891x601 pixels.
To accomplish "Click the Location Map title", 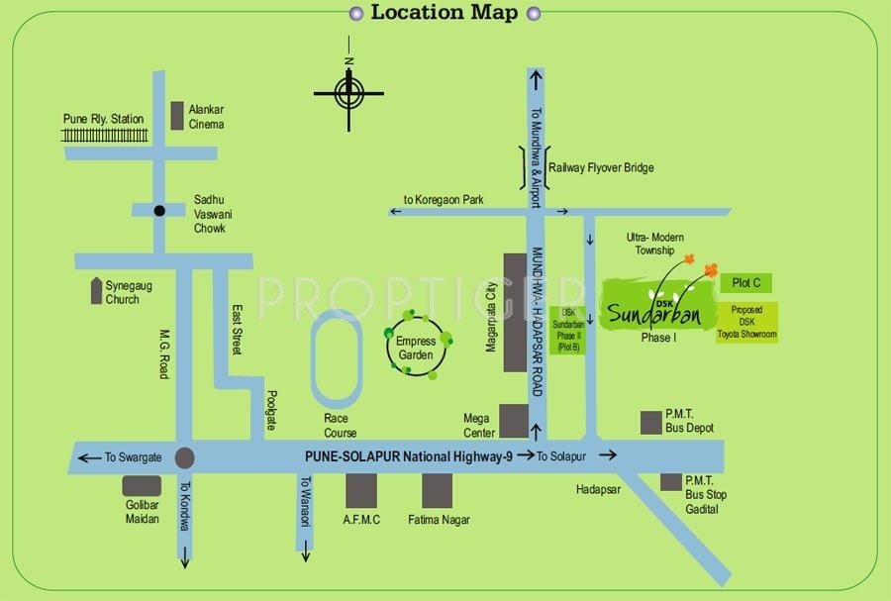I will [x=444, y=13].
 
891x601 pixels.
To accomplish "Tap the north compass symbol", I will [x=348, y=94].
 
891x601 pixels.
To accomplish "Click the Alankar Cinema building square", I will [x=177, y=116].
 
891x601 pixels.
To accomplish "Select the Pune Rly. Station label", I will [x=103, y=119].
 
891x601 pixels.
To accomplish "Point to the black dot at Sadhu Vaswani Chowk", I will [x=158, y=210].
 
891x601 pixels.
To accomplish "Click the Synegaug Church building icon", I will [x=96, y=291].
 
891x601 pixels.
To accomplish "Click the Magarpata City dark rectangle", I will [x=515, y=312].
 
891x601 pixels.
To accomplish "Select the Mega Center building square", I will [x=513, y=421].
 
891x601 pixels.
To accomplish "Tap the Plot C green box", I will [x=746, y=284].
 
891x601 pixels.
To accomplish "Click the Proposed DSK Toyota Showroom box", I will [x=746, y=323].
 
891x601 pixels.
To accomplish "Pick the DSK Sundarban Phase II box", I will [x=567, y=330].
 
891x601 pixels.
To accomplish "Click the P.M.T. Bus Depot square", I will [x=650, y=423].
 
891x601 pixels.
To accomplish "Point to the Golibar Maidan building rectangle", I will [x=142, y=486].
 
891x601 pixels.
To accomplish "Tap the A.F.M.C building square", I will [x=361, y=490].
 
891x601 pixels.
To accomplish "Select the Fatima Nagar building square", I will [x=437, y=490].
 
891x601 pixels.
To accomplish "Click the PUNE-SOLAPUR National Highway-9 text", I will [x=407, y=456].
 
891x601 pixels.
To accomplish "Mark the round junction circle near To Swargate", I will [x=184, y=457].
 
